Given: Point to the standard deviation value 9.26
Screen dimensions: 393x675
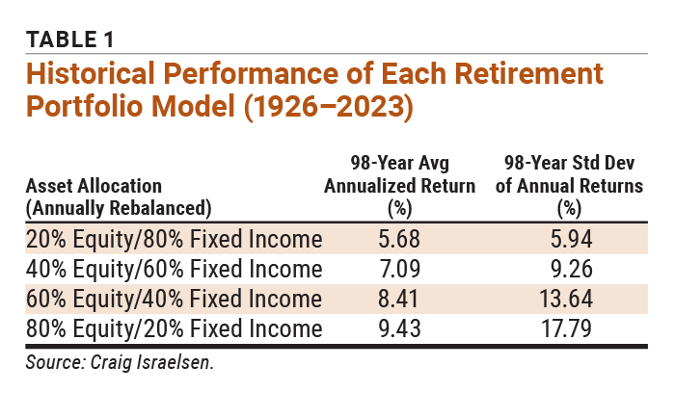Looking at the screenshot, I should (x=568, y=269).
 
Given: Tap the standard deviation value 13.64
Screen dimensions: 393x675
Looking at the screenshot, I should (x=568, y=299).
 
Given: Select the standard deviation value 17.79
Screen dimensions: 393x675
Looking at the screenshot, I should (x=568, y=328).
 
